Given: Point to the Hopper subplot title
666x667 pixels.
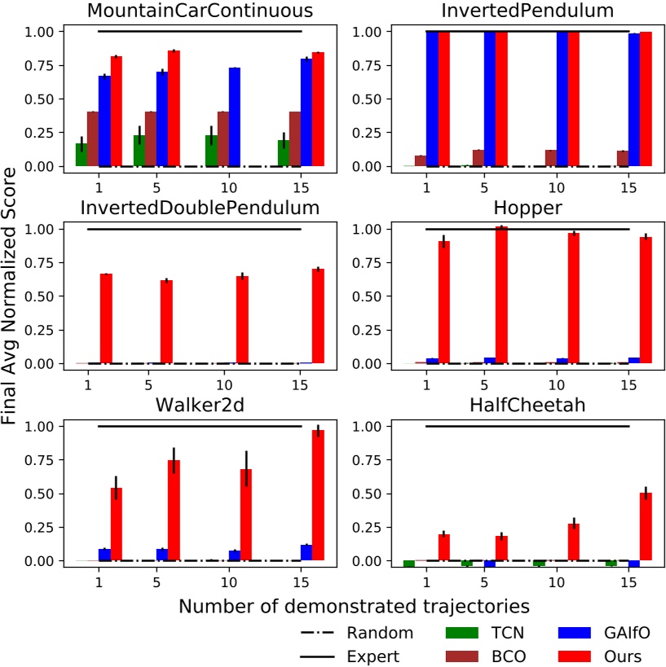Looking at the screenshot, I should pyautogui.click(x=527, y=208).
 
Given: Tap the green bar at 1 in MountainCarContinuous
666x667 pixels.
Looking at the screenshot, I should pyautogui.click(x=82, y=155).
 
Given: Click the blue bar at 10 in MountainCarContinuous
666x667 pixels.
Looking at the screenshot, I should pyautogui.click(x=234, y=116).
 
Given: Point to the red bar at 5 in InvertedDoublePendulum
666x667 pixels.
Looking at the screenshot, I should pyautogui.click(x=166, y=322).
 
